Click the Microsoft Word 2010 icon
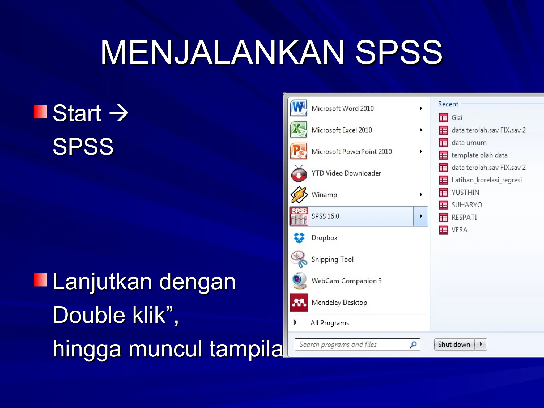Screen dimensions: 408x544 click(x=299, y=108)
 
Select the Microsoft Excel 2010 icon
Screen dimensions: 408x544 click(x=299, y=130)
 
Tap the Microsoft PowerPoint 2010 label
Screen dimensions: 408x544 click(x=351, y=151)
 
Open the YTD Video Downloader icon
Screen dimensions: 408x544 click(x=299, y=173)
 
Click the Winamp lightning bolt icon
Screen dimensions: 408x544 click(x=299, y=195)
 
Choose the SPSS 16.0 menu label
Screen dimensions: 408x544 click(x=325, y=216)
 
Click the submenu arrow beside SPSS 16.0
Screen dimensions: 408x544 click(x=421, y=216)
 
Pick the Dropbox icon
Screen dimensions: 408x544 click(x=299, y=238)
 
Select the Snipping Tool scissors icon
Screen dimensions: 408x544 click(x=299, y=259)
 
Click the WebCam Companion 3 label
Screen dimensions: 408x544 click(x=346, y=281)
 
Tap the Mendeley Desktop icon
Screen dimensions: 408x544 click(x=299, y=302)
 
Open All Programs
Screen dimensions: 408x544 click(x=329, y=323)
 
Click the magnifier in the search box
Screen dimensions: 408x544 click(x=413, y=345)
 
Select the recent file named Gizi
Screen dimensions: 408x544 click(x=457, y=117)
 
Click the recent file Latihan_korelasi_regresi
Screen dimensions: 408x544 click(x=486, y=180)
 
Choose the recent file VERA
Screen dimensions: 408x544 click(x=459, y=230)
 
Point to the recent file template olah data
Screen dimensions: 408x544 click(x=479, y=155)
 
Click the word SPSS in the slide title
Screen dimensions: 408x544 click(x=398, y=52)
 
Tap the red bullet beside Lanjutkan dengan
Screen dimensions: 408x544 click(x=41, y=280)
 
